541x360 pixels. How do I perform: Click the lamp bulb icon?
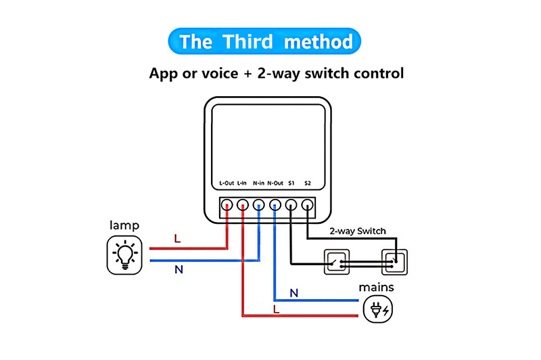point(124,254)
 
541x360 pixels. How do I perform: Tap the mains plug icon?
point(376,310)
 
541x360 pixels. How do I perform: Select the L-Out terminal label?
point(227,183)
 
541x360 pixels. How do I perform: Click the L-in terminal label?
point(242,183)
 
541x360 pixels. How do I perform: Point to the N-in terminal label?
point(258,183)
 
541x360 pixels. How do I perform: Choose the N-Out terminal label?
point(275,183)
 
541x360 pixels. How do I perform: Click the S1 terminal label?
point(291,183)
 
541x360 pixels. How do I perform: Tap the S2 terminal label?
point(308,183)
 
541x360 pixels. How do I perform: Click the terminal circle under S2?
point(308,204)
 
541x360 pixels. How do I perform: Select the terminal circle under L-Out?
point(227,204)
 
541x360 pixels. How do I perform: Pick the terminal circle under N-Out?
point(275,204)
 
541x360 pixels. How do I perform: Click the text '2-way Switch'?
point(358,231)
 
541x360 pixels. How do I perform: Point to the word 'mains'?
point(376,288)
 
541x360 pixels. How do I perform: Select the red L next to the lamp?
point(178,239)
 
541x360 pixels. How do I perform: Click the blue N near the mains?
point(294,293)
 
